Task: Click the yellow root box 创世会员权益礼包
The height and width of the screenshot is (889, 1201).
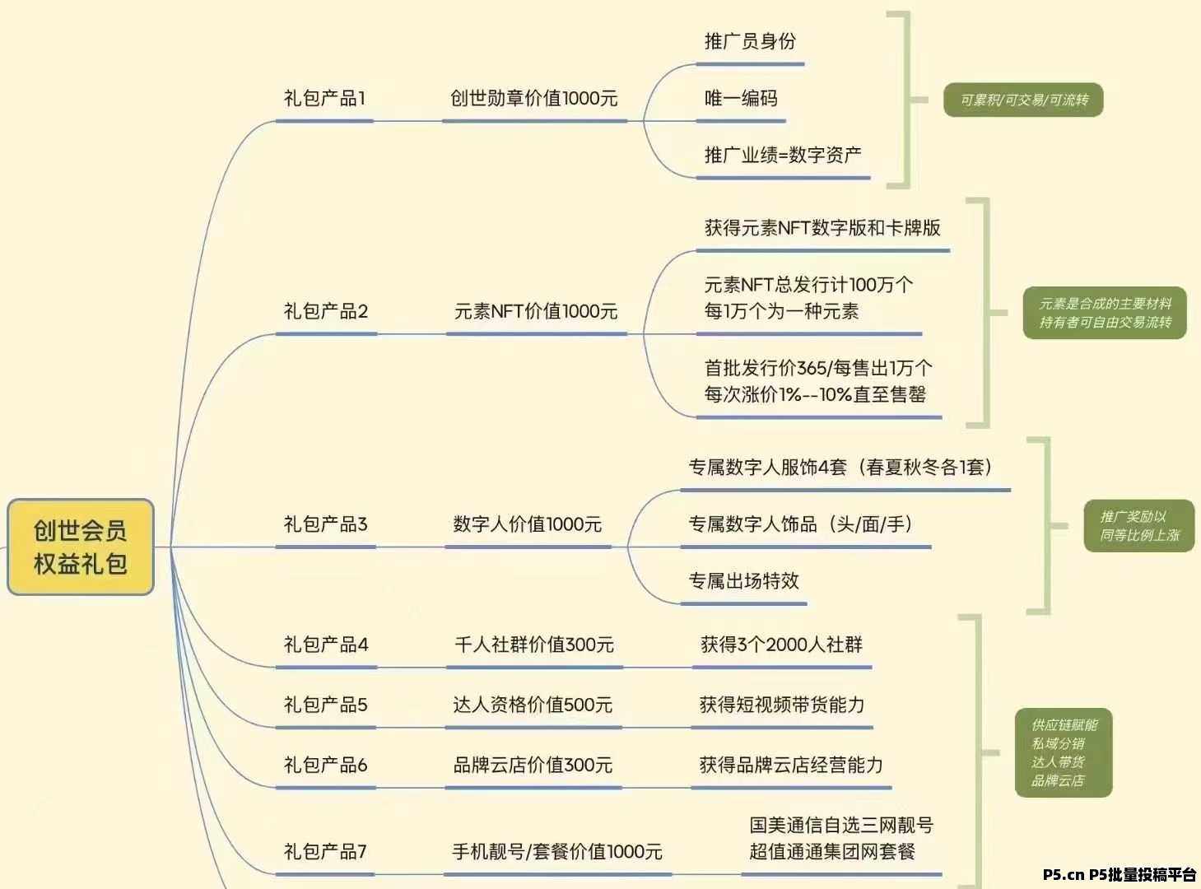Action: pos(81,547)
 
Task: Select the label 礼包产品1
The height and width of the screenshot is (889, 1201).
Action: pos(324,99)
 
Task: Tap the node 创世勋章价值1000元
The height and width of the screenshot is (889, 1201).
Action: pos(533,99)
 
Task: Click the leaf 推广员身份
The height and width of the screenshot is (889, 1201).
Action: pos(750,42)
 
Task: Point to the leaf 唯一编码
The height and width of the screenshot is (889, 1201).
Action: pos(741,99)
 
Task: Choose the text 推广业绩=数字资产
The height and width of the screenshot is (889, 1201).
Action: pos(783,155)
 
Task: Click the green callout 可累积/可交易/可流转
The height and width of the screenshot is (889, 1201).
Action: pos(1023,100)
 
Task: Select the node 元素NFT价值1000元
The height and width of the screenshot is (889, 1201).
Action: pos(536,311)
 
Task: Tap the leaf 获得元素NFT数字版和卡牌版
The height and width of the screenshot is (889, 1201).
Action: pos(822,228)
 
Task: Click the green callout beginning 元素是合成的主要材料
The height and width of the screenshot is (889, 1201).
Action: pos(1105,313)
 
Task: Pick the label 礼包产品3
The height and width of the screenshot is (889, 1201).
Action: pos(325,524)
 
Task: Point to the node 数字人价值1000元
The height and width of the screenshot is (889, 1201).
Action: pos(528,524)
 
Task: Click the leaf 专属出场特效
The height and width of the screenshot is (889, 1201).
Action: pos(743,581)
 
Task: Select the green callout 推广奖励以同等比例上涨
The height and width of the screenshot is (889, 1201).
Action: pos(1139,526)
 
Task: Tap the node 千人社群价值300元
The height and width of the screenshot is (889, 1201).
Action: pos(534,645)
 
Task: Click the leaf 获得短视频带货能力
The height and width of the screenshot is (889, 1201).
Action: pos(782,705)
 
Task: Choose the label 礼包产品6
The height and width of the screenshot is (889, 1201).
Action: pos(325,766)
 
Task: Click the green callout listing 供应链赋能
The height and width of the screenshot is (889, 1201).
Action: pos(1064,752)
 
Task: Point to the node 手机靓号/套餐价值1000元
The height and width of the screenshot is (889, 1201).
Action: pos(557,852)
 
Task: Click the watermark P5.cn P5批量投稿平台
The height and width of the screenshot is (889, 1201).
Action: pos(1120,875)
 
